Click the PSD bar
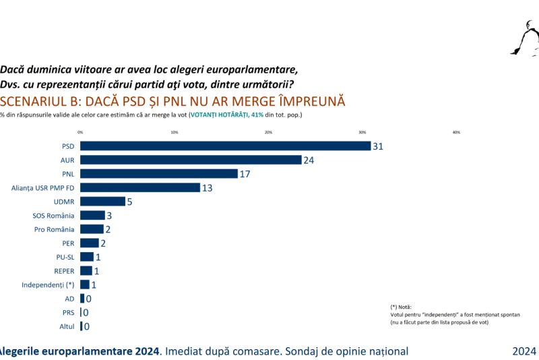click(x=225, y=146)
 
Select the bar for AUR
click(x=191, y=160)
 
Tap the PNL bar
click(x=159, y=174)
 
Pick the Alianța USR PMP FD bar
click(x=140, y=187)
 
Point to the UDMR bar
click(x=102, y=202)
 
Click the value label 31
click(x=378, y=146)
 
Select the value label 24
click(x=309, y=160)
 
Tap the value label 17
click(x=245, y=174)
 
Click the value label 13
click(x=207, y=187)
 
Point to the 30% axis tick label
click(x=362, y=132)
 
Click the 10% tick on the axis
click(x=175, y=132)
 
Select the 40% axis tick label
click(x=456, y=132)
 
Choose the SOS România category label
click(x=54, y=215)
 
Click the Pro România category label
click(x=55, y=229)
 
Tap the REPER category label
click(x=65, y=270)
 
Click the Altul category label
click(x=67, y=326)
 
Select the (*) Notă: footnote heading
click(x=401, y=307)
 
